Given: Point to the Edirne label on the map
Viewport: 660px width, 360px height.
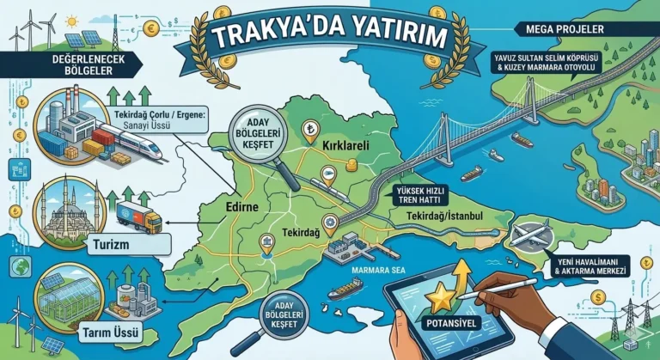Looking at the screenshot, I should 241,206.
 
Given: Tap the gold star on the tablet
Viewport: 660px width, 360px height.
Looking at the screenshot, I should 442,296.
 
